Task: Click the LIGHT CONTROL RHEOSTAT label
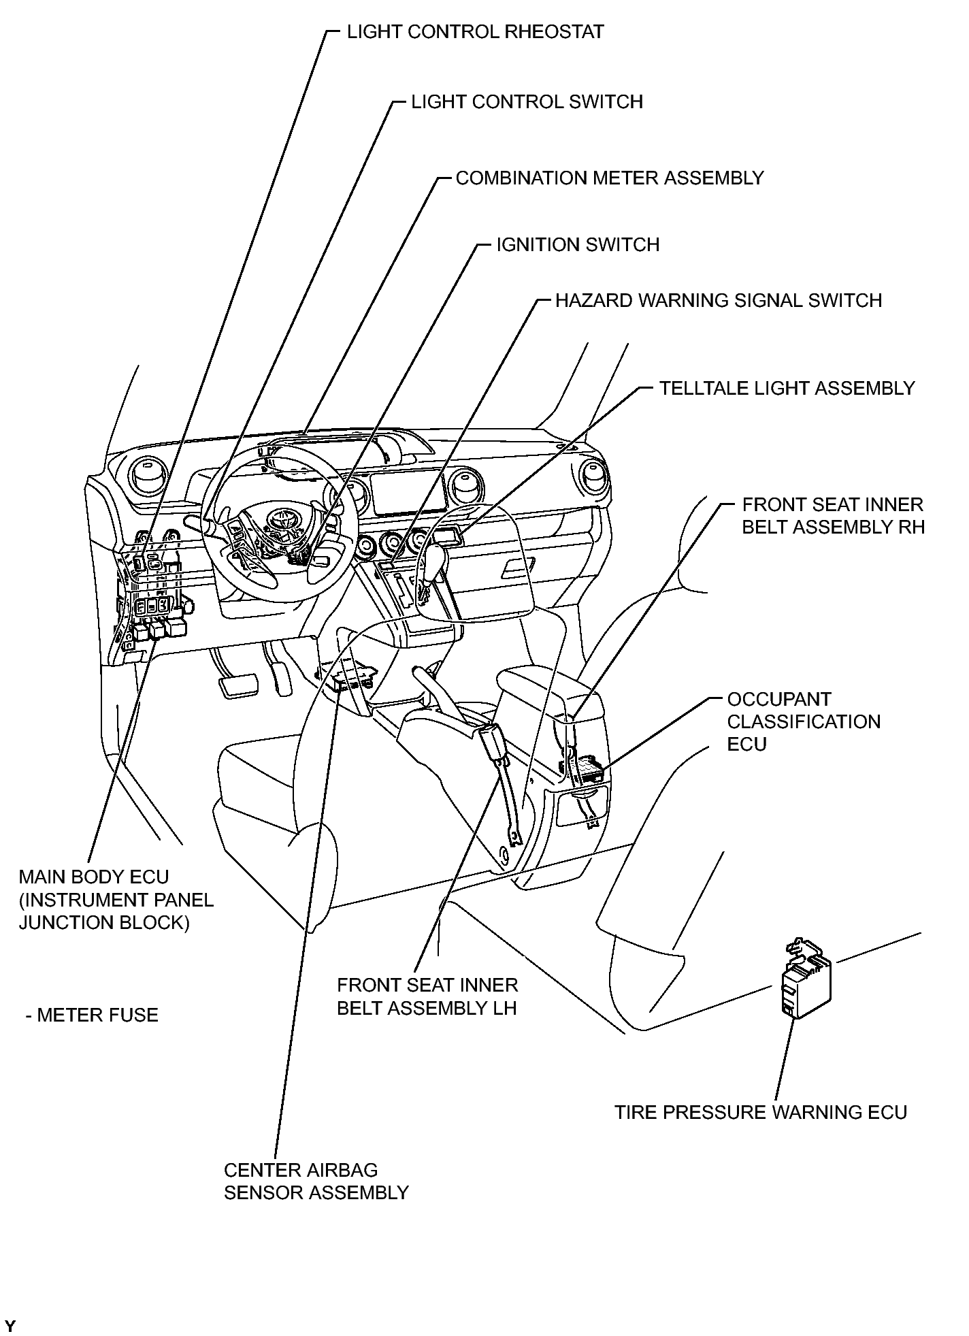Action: pyautogui.click(x=475, y=32)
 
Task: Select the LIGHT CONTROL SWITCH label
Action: pyautogui.click(x=527, y=102)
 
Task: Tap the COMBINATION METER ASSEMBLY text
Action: pyautogui.click(x=610, y=178)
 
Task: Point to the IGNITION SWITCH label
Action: pyautogui.click(x=578, y=245)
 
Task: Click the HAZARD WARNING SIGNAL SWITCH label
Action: pyautogui.click(x=719, y=301)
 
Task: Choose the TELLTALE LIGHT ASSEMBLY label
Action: pyautogui.click(x=787, y=389)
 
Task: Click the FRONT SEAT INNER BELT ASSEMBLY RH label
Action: pyautogui.click(x=833, y=516)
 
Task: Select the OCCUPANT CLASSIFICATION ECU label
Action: pyautogui.click(x=804, y=721)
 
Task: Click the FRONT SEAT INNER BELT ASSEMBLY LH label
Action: pyautogui.click(x=427, y=996)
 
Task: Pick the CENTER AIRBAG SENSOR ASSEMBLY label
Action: pyautogui.click(x=316, y=1181)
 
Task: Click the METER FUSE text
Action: pyautogui.click(x=97, y=1015)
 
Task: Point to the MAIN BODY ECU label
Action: pyautogui.click(x=94, y=877)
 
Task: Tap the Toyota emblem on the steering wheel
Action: pyautogui.click(x=278, y=519)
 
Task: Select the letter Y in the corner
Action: pyautogui.click(x=11, y=1326)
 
